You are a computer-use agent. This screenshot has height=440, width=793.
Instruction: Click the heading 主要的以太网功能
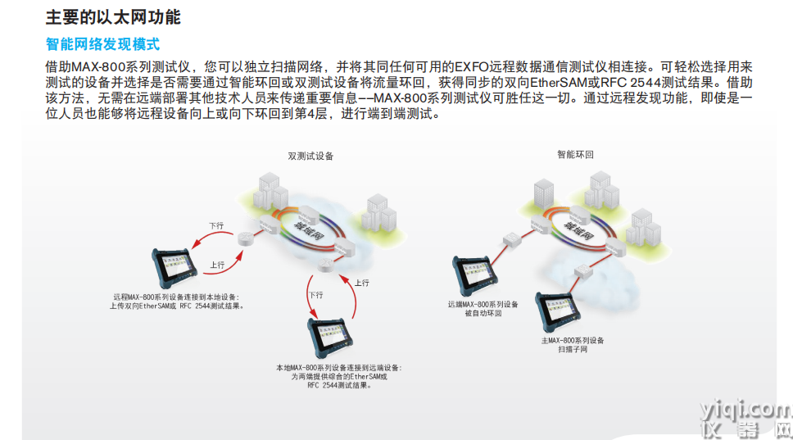click(113, 16)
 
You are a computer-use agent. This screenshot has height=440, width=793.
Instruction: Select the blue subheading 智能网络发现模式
click(102, 43)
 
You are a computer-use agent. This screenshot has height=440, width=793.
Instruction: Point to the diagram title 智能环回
click(575, 154)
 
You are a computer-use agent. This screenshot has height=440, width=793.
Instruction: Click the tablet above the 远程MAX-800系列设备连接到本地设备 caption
click(179, 267)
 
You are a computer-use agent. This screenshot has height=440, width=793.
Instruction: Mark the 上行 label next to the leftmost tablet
click(217, 265)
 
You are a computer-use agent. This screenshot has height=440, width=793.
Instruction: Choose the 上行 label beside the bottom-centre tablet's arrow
click(361, 283)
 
